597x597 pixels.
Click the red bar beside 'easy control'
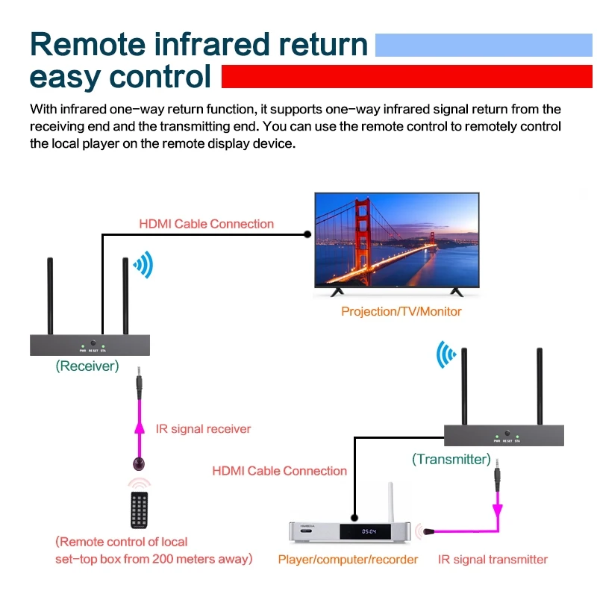click(407, 76)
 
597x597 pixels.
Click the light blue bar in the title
click(484, 44)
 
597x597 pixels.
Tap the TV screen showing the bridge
click(396, 240)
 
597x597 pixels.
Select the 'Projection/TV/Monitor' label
click(401, 311)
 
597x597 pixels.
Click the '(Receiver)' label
click(87, 366)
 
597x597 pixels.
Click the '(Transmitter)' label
click(451, 459)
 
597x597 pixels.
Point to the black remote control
click(139, 510)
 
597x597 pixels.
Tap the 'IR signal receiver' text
click(203, 429)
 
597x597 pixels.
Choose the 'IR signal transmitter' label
click(493, 559)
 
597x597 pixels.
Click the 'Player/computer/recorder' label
click(348, 559)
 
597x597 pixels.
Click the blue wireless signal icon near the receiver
click(143, 264)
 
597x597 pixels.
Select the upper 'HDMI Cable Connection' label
click(207, 224)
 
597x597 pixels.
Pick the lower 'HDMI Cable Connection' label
click(279, 471)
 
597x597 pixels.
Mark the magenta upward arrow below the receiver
click(137, 428)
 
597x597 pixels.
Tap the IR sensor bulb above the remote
click(138, 461)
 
